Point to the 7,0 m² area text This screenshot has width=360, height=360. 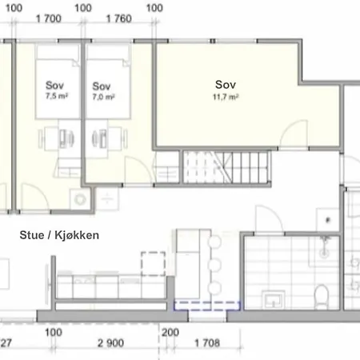[104, 97]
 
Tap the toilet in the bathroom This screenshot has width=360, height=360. [322, 296]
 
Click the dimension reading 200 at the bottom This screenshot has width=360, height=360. [170, 330]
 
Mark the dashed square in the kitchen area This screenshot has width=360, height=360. [153, 263]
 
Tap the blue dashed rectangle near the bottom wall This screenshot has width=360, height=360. [207, 305]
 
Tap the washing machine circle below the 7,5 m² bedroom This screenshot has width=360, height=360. [78, 199]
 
